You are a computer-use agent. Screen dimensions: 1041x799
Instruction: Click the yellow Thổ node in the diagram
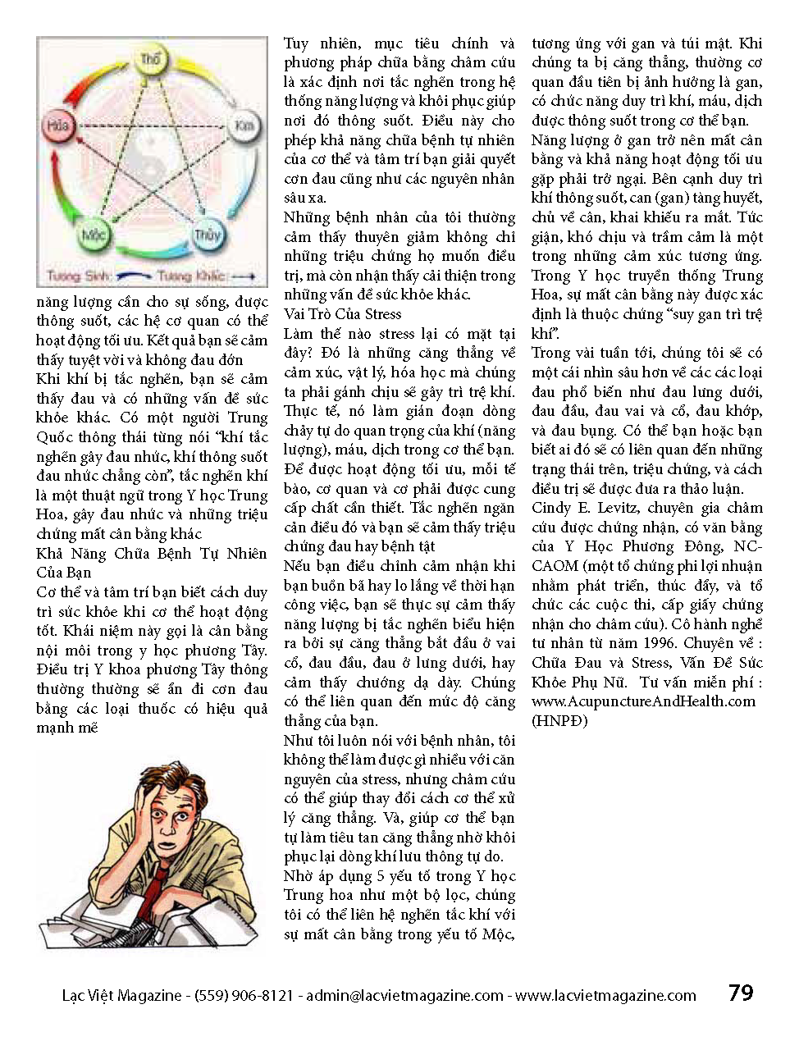[150, 61]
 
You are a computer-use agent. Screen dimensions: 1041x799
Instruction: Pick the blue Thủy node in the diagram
[207, 236]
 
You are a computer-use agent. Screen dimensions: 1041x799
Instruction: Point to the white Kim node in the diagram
[243, 126]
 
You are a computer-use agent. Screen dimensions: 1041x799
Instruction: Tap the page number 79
[740, 993]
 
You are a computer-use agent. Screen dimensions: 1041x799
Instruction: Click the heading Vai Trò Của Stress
[342, 314]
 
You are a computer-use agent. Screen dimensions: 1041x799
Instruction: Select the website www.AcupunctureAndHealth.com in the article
[643, 701]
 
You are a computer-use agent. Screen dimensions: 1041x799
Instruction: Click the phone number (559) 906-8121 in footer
[244, 996]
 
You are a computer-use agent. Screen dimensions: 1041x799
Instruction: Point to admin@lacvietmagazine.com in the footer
[405, 996]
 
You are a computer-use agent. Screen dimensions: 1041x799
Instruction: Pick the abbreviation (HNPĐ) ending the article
[560, 720]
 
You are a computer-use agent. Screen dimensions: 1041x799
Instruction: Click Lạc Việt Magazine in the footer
[122, 996]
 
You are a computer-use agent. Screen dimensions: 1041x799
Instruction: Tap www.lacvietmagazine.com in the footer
[606, 996]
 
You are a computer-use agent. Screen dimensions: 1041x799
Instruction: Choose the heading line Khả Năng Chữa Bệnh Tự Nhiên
[152, 554]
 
